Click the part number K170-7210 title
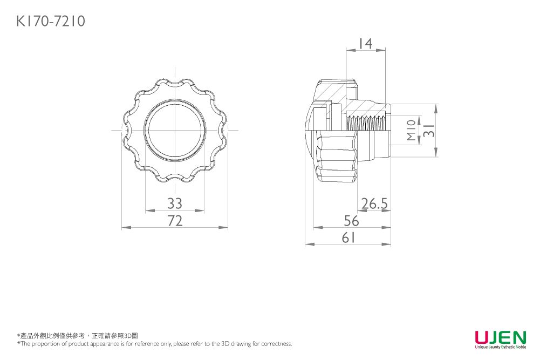(51, 22)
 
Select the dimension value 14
(365, 44)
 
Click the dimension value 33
(175, 203)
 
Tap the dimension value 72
(175, 221)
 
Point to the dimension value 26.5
(374, 204)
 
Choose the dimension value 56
(351, 221)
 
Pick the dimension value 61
(348, 237)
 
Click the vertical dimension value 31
(429, 131)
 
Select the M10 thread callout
(411, 130)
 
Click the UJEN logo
(501, 337)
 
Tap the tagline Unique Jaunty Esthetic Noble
(501, 347)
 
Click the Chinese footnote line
(78, 336)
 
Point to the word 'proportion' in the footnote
(46, 344)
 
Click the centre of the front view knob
(175, 130)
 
